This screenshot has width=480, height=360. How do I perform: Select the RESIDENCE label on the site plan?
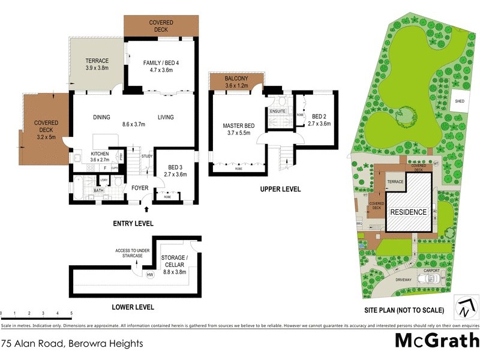click(x=409, y=212)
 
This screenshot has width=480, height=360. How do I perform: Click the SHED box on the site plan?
click(x=461, y=101)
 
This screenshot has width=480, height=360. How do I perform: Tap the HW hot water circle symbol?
click(x=150, y=275)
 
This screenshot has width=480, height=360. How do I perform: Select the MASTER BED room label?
click(x=238, y=125)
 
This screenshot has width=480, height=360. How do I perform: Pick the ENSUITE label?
click(x=278, y=111)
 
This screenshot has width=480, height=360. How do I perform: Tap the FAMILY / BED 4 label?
click(x=161, y=62)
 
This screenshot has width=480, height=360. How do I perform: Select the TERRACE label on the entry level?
click(x=96, y=61)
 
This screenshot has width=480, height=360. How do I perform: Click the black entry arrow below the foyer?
click(x=146, y=209)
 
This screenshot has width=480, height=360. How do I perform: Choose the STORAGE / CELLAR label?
click(x=175, y=261)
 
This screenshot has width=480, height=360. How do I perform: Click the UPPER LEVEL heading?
click(x=280, y=190)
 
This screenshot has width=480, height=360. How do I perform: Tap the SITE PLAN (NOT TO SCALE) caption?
click(x=404, y=311)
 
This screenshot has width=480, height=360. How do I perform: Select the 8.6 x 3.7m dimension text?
click(x=134, y=125)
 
